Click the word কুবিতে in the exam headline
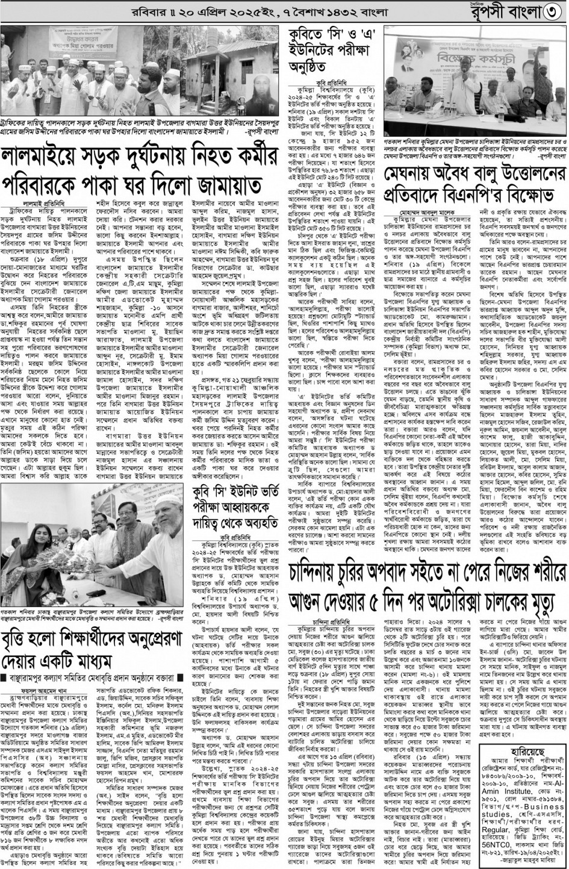point(309,33)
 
